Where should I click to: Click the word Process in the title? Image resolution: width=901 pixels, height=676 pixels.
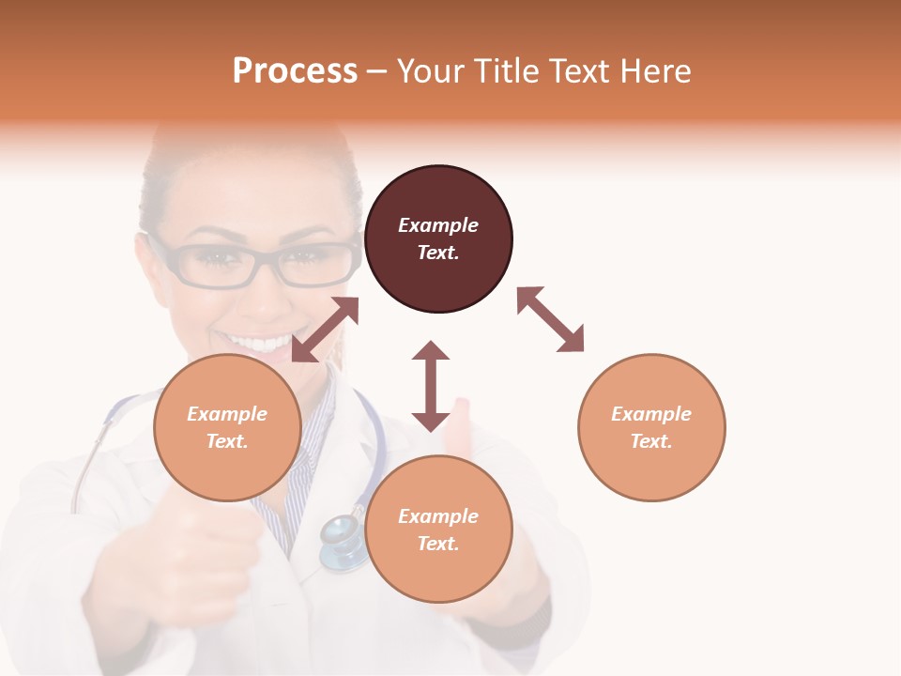pyautogui.click(x=295, y=71)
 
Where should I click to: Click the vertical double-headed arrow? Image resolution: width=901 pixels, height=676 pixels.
pyautogui.click(x=431, y=386)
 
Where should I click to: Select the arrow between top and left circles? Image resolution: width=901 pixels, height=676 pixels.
pyautogui.click(x=325, y=330)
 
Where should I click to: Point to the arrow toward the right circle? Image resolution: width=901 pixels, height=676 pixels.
pyautogui.click(x=550, y=319)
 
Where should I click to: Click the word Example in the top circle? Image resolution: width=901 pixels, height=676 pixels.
pyautogui.click(x=438, y=225)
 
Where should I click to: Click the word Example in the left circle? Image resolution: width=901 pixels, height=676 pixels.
pyautogui.click(x=227, y=414)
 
